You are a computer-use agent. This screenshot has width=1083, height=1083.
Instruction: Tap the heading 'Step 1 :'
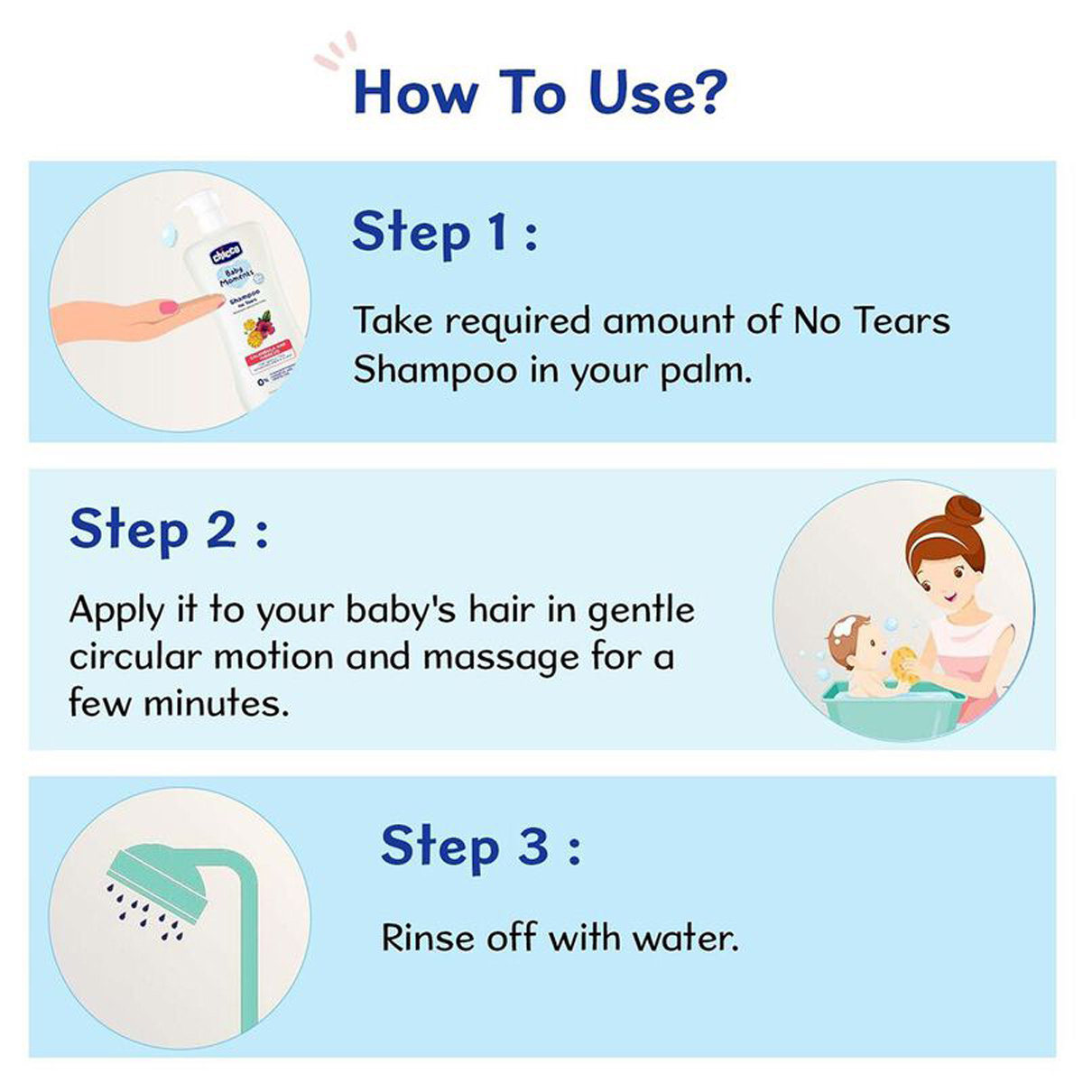click(444, 232)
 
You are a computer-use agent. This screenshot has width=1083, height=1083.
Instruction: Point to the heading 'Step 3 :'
click(480, 847)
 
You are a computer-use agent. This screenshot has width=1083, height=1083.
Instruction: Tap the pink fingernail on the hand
click(169, 310)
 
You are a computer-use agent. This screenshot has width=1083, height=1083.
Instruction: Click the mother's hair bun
click(963, 513)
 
